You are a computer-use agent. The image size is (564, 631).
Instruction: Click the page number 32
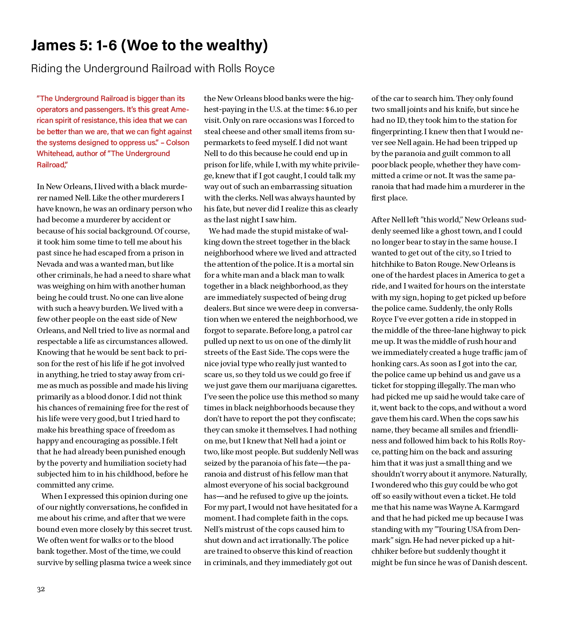point(41,589)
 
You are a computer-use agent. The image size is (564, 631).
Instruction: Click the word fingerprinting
point(397,131)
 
